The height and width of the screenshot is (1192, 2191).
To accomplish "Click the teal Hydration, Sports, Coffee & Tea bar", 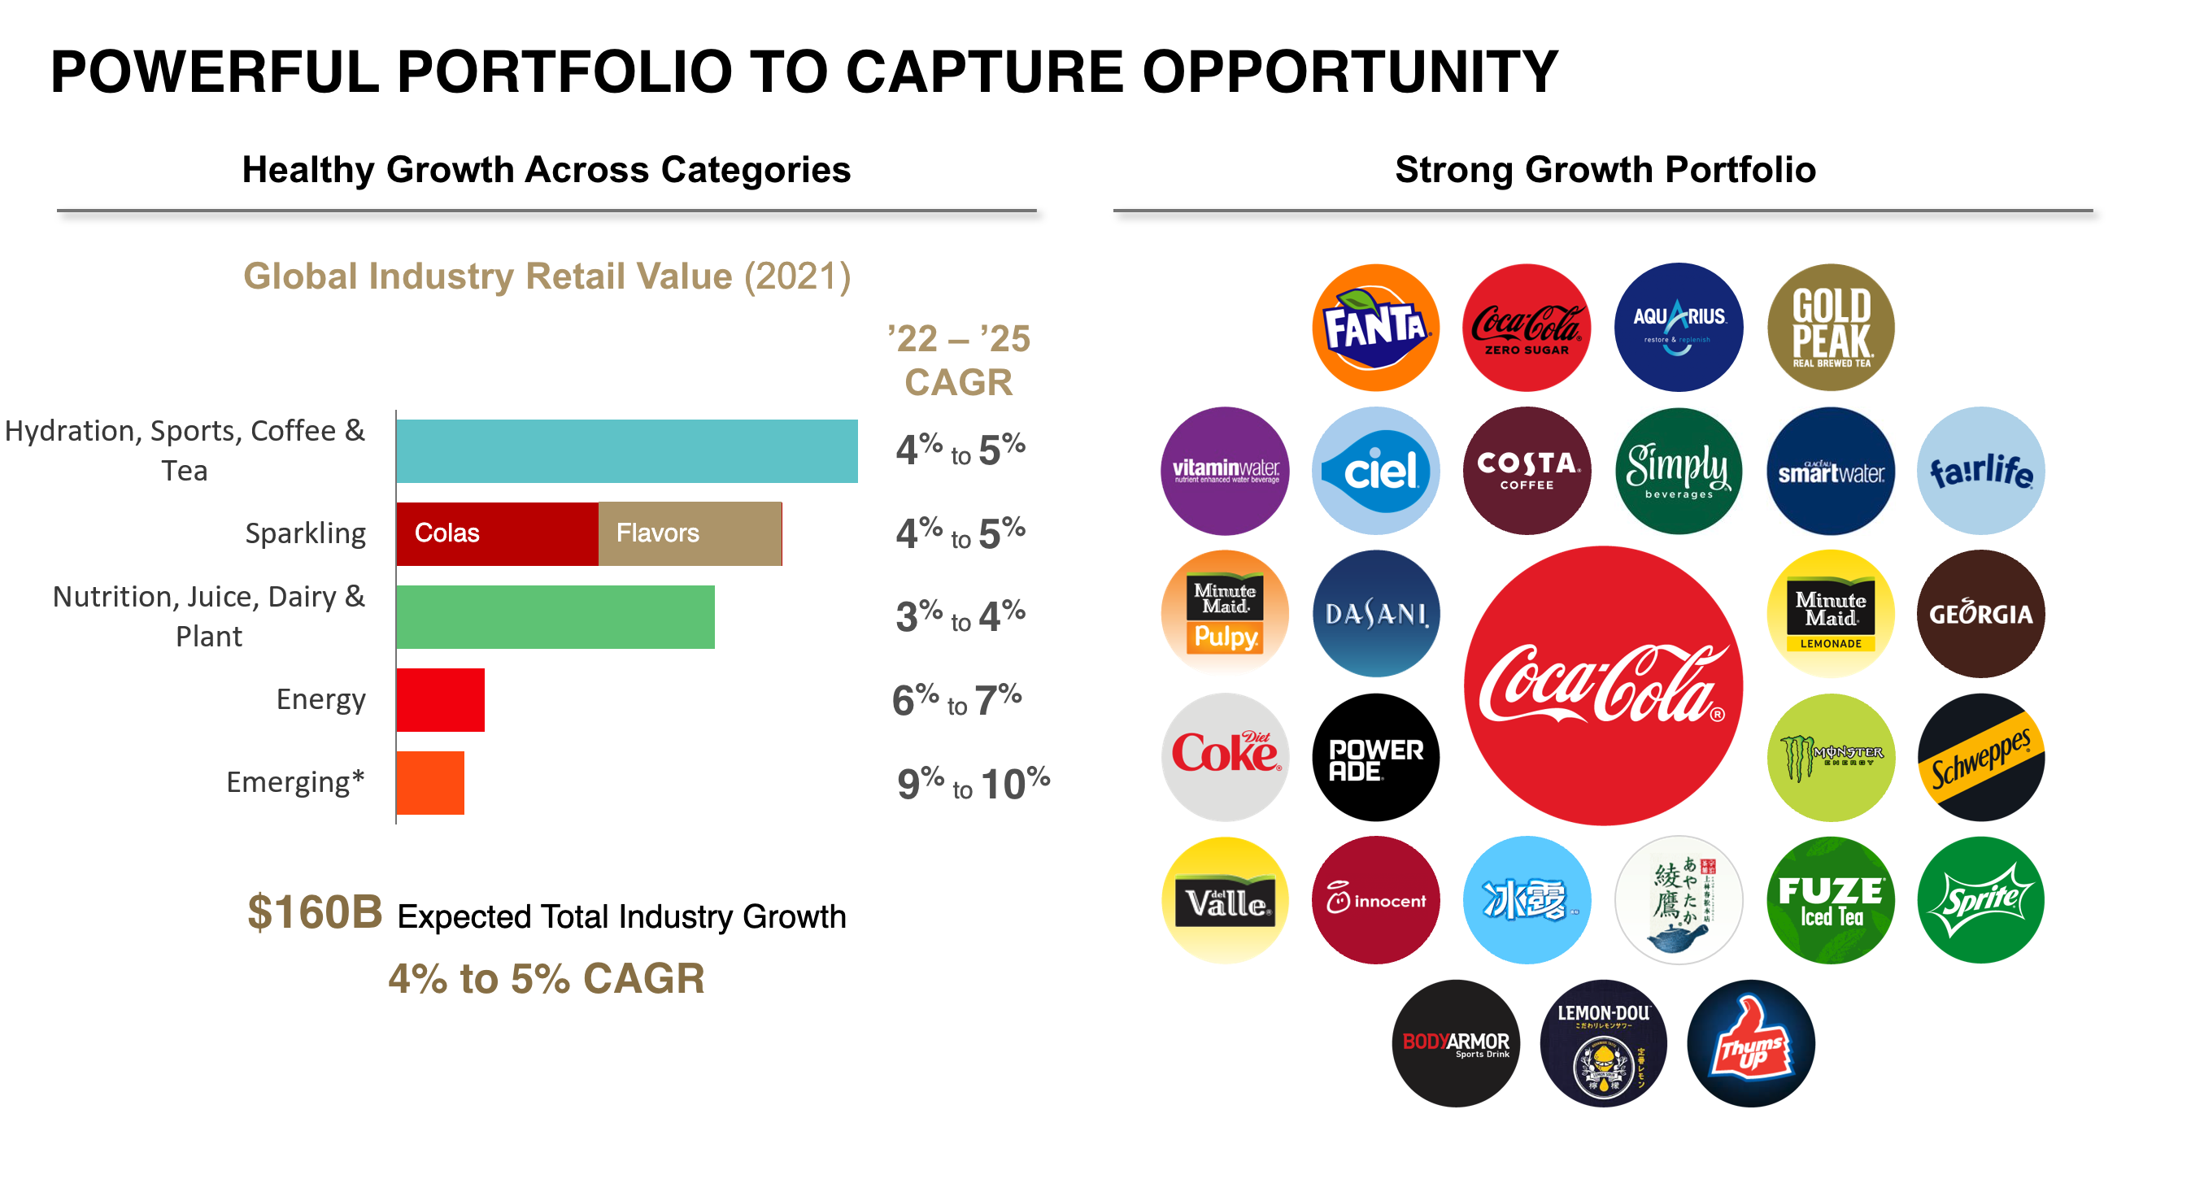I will point(626,450).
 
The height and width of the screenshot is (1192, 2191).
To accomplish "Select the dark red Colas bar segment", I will point(497,533).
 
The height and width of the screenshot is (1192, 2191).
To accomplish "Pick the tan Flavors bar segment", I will point(690,533).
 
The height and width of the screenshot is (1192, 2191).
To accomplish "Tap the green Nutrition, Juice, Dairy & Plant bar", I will point(555,616).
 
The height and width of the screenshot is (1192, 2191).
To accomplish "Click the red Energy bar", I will point(440,699).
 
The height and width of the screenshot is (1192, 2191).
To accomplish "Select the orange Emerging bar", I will point(429,782).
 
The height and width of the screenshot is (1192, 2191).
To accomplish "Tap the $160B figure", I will point(314,912).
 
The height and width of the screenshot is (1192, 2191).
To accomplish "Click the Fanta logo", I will point(1374,328).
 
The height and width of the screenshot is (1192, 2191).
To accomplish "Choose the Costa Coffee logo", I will point(1526,470).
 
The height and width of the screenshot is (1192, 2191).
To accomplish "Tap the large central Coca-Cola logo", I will point(1602,685).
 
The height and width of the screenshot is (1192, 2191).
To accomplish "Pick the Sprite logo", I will point(1980,899).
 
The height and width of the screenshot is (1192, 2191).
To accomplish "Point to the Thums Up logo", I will point(1750,1043).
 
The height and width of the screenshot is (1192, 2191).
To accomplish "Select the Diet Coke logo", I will point(1224,757).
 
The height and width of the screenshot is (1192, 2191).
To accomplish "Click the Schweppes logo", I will point(1980,757).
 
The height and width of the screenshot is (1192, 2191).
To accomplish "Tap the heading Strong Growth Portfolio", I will point(1604,169).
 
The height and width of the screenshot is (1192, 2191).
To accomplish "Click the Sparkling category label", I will point(304,533).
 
